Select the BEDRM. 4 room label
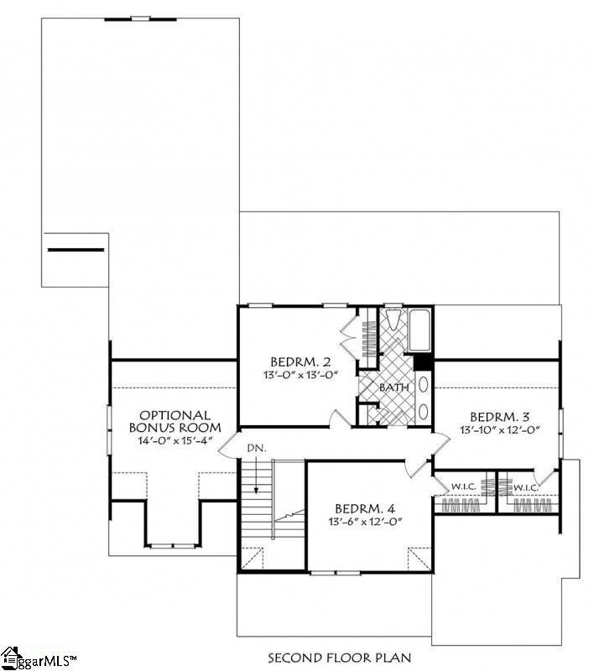tap(364, 508)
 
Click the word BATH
tap(393, 388)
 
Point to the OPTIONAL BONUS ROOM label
tap(175, 421)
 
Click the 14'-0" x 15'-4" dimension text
tap(175, 441)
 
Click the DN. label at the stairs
tap(257, 449)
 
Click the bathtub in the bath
tap(417, 333)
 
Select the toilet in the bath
tap(392, 322)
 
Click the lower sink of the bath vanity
tap(423, 411)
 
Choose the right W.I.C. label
tap(525, 486)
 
